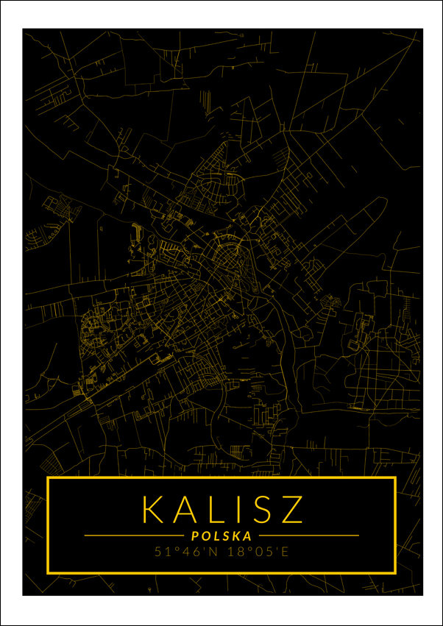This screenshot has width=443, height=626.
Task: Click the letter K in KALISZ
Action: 153,509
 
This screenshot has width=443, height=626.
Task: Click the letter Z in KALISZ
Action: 291,509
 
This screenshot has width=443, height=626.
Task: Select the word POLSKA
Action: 221,536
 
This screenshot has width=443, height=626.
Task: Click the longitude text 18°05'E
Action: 257,552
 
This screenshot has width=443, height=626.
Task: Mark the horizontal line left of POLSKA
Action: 132,536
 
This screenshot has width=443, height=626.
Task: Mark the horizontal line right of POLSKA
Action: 309,536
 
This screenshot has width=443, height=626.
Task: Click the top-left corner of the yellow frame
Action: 48,478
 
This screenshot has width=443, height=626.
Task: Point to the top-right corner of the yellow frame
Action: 395,478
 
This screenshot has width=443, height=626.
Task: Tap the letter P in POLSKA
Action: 195,536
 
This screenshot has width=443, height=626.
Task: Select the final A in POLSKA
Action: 248,536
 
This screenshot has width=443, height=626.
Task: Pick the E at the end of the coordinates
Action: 286,552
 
